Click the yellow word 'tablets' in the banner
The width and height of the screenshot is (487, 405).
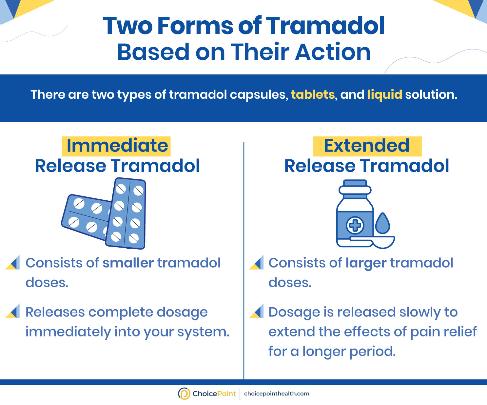point(313,94)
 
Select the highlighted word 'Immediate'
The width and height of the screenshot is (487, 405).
point(117,146)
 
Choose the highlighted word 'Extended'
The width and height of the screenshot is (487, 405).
point(367,146)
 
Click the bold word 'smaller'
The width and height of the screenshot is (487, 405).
point(128,263)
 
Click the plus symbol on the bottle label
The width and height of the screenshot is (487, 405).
point(355,225)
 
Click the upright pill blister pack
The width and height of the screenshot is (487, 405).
point(126,213)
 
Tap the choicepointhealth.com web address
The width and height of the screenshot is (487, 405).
point(277,394)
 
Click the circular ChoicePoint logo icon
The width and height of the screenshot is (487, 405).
point(184,394)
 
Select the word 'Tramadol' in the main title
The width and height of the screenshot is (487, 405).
point(325,26)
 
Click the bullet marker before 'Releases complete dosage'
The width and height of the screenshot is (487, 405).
point(12,311)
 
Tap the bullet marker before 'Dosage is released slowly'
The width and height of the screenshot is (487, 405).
point(256,311)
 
